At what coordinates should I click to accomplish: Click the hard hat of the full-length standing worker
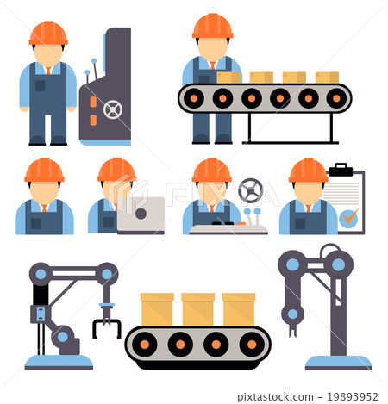48,33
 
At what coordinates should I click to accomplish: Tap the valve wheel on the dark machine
113,109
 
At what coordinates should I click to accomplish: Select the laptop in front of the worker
141,215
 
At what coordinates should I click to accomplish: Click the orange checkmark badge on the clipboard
348,218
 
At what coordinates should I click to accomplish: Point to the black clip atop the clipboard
341,170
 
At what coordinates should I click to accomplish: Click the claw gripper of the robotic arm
106,326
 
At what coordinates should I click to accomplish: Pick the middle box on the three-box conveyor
197,309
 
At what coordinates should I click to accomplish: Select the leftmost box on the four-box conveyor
228,78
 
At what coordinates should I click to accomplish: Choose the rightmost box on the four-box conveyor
327,78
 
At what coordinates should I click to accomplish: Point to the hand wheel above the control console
250,190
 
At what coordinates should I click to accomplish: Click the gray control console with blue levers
228,227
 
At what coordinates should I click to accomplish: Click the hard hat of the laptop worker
116,170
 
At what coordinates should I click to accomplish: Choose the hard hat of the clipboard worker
308,171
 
